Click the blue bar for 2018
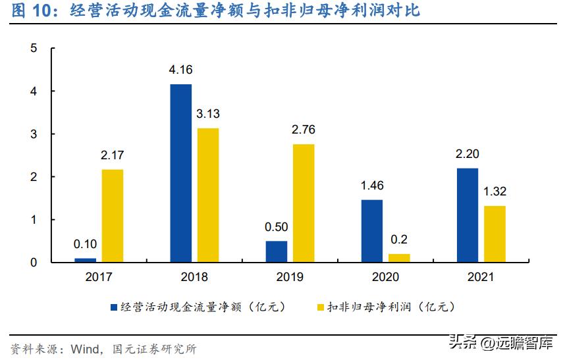[181, 173]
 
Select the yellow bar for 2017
[112, 216]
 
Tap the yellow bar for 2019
[304, 203]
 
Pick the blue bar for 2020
[371, 231]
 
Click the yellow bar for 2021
[495, 234]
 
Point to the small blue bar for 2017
[85, 260]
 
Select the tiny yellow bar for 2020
[399, 258]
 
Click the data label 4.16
[180, 70]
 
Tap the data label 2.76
[304, 130]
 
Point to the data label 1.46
[371, 186]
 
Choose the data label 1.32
[495, 192]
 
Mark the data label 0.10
[85, 244]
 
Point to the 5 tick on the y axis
[34, 49]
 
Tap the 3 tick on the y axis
[34, 134]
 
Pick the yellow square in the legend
[322, 307]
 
